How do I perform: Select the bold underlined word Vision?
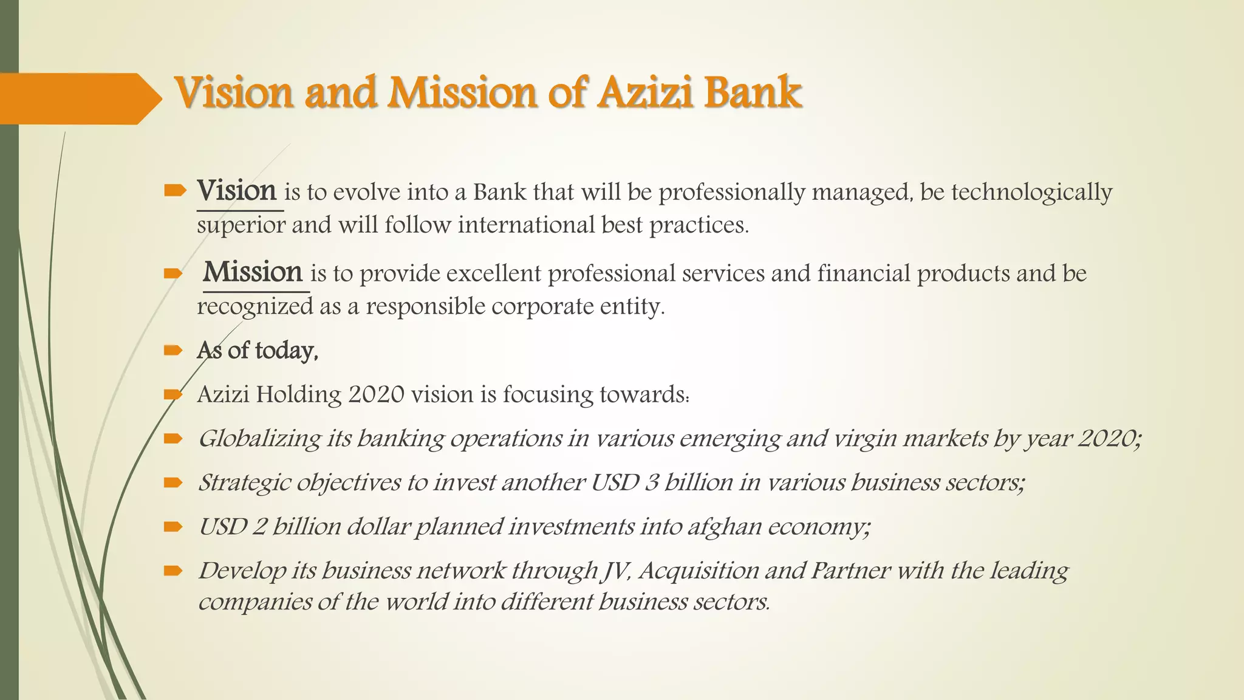pos(237,191)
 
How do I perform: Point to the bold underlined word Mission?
pos(253,272)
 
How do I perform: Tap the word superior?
pos(241,225)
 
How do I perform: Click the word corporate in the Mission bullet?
pos(542,306)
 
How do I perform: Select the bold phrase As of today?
pos(258,351)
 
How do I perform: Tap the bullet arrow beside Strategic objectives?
pos(173,482)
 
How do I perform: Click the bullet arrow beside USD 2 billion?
pos(173,527)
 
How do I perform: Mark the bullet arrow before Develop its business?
pos(173,571)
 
